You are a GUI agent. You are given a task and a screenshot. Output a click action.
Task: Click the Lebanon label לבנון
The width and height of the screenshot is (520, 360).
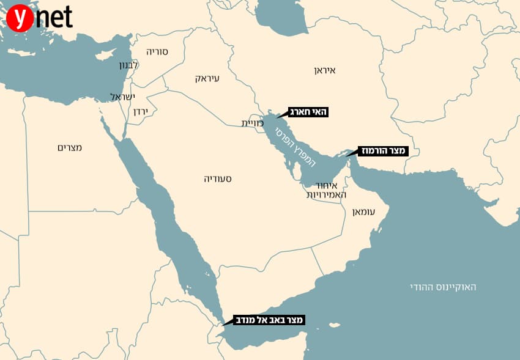[x=128, y=65]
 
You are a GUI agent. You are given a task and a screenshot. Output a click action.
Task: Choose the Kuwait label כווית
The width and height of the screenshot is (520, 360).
[x=252, y=123]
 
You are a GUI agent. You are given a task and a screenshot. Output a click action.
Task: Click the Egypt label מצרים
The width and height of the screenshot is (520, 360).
[x=69, y=147]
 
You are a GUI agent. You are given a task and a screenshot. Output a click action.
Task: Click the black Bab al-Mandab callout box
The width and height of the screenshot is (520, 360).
[x=269, y=319]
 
